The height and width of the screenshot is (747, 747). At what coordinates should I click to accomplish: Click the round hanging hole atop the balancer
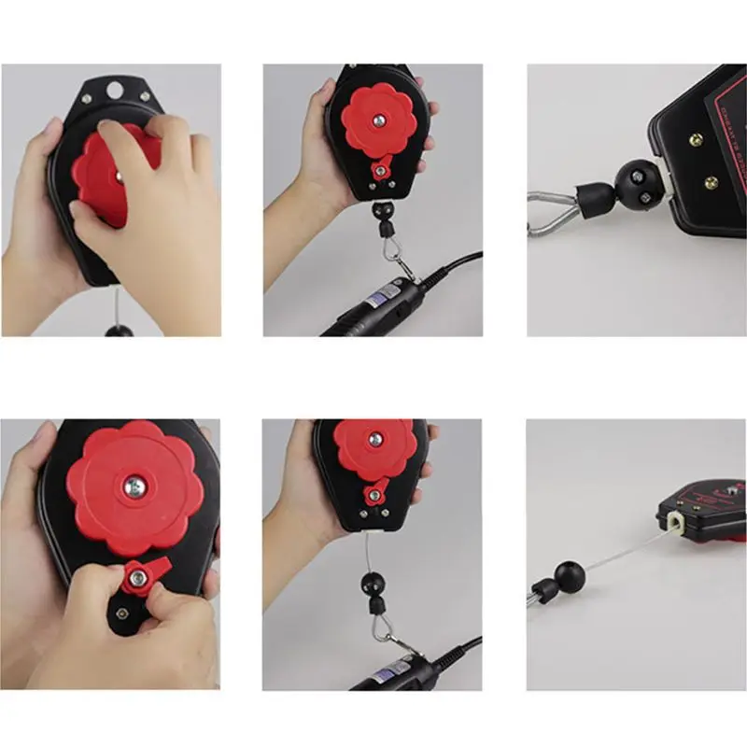tap(114, 91)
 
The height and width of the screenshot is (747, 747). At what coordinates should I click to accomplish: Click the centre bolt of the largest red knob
tap(135, 486)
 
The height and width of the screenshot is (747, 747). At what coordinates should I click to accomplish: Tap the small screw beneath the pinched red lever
tap(122, 613)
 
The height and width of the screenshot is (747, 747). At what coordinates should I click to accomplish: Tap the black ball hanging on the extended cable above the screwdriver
tap(372, 585)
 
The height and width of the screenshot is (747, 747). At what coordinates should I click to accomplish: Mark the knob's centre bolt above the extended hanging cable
tap(375, 439)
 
